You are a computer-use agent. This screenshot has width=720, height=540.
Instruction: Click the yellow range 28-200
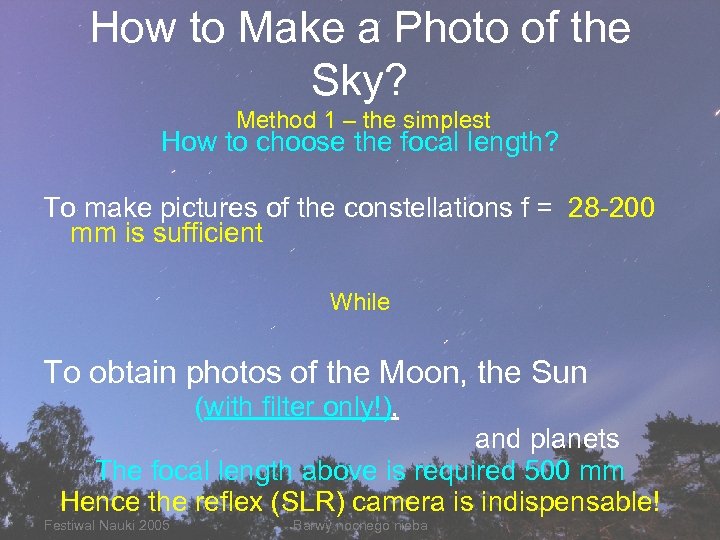611,208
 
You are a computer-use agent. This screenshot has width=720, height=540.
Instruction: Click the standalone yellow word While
360,301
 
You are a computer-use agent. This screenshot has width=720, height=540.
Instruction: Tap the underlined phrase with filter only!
297,408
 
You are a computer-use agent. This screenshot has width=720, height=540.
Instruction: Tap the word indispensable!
561,499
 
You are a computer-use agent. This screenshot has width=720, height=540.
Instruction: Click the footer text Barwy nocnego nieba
360,526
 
